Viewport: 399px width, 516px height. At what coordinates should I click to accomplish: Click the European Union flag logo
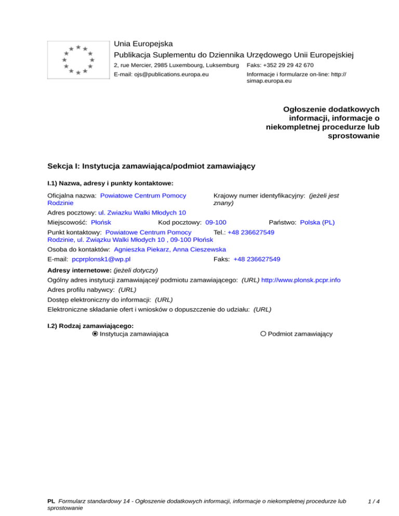tap(77, 59)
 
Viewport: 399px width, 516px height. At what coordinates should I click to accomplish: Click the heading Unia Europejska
tap(143, 44)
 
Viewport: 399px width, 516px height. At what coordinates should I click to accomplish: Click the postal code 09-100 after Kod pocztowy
tap(216, 222)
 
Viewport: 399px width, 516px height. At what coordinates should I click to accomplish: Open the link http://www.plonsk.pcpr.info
tap(301, 280)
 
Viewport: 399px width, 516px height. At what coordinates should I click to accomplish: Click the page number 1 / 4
tap(373, 502)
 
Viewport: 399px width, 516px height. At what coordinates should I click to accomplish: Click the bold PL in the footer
tap(51, 502)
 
